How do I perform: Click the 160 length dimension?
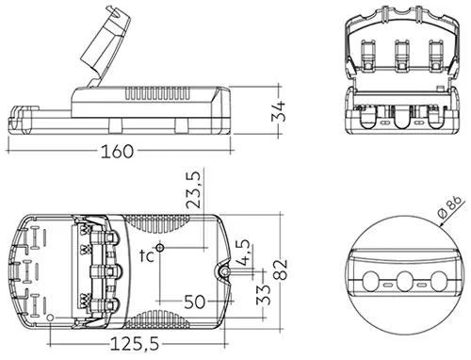pos(117,151)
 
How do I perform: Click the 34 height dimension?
pos(279,111)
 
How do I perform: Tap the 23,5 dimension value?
pos(193,190)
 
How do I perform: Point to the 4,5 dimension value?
pos(244,253)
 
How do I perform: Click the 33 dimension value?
pos(263,295)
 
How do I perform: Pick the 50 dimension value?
pos(195,302)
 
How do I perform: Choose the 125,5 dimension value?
pos(135,344)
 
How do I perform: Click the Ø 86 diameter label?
pos(450,207)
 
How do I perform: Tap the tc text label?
pos(147,256)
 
